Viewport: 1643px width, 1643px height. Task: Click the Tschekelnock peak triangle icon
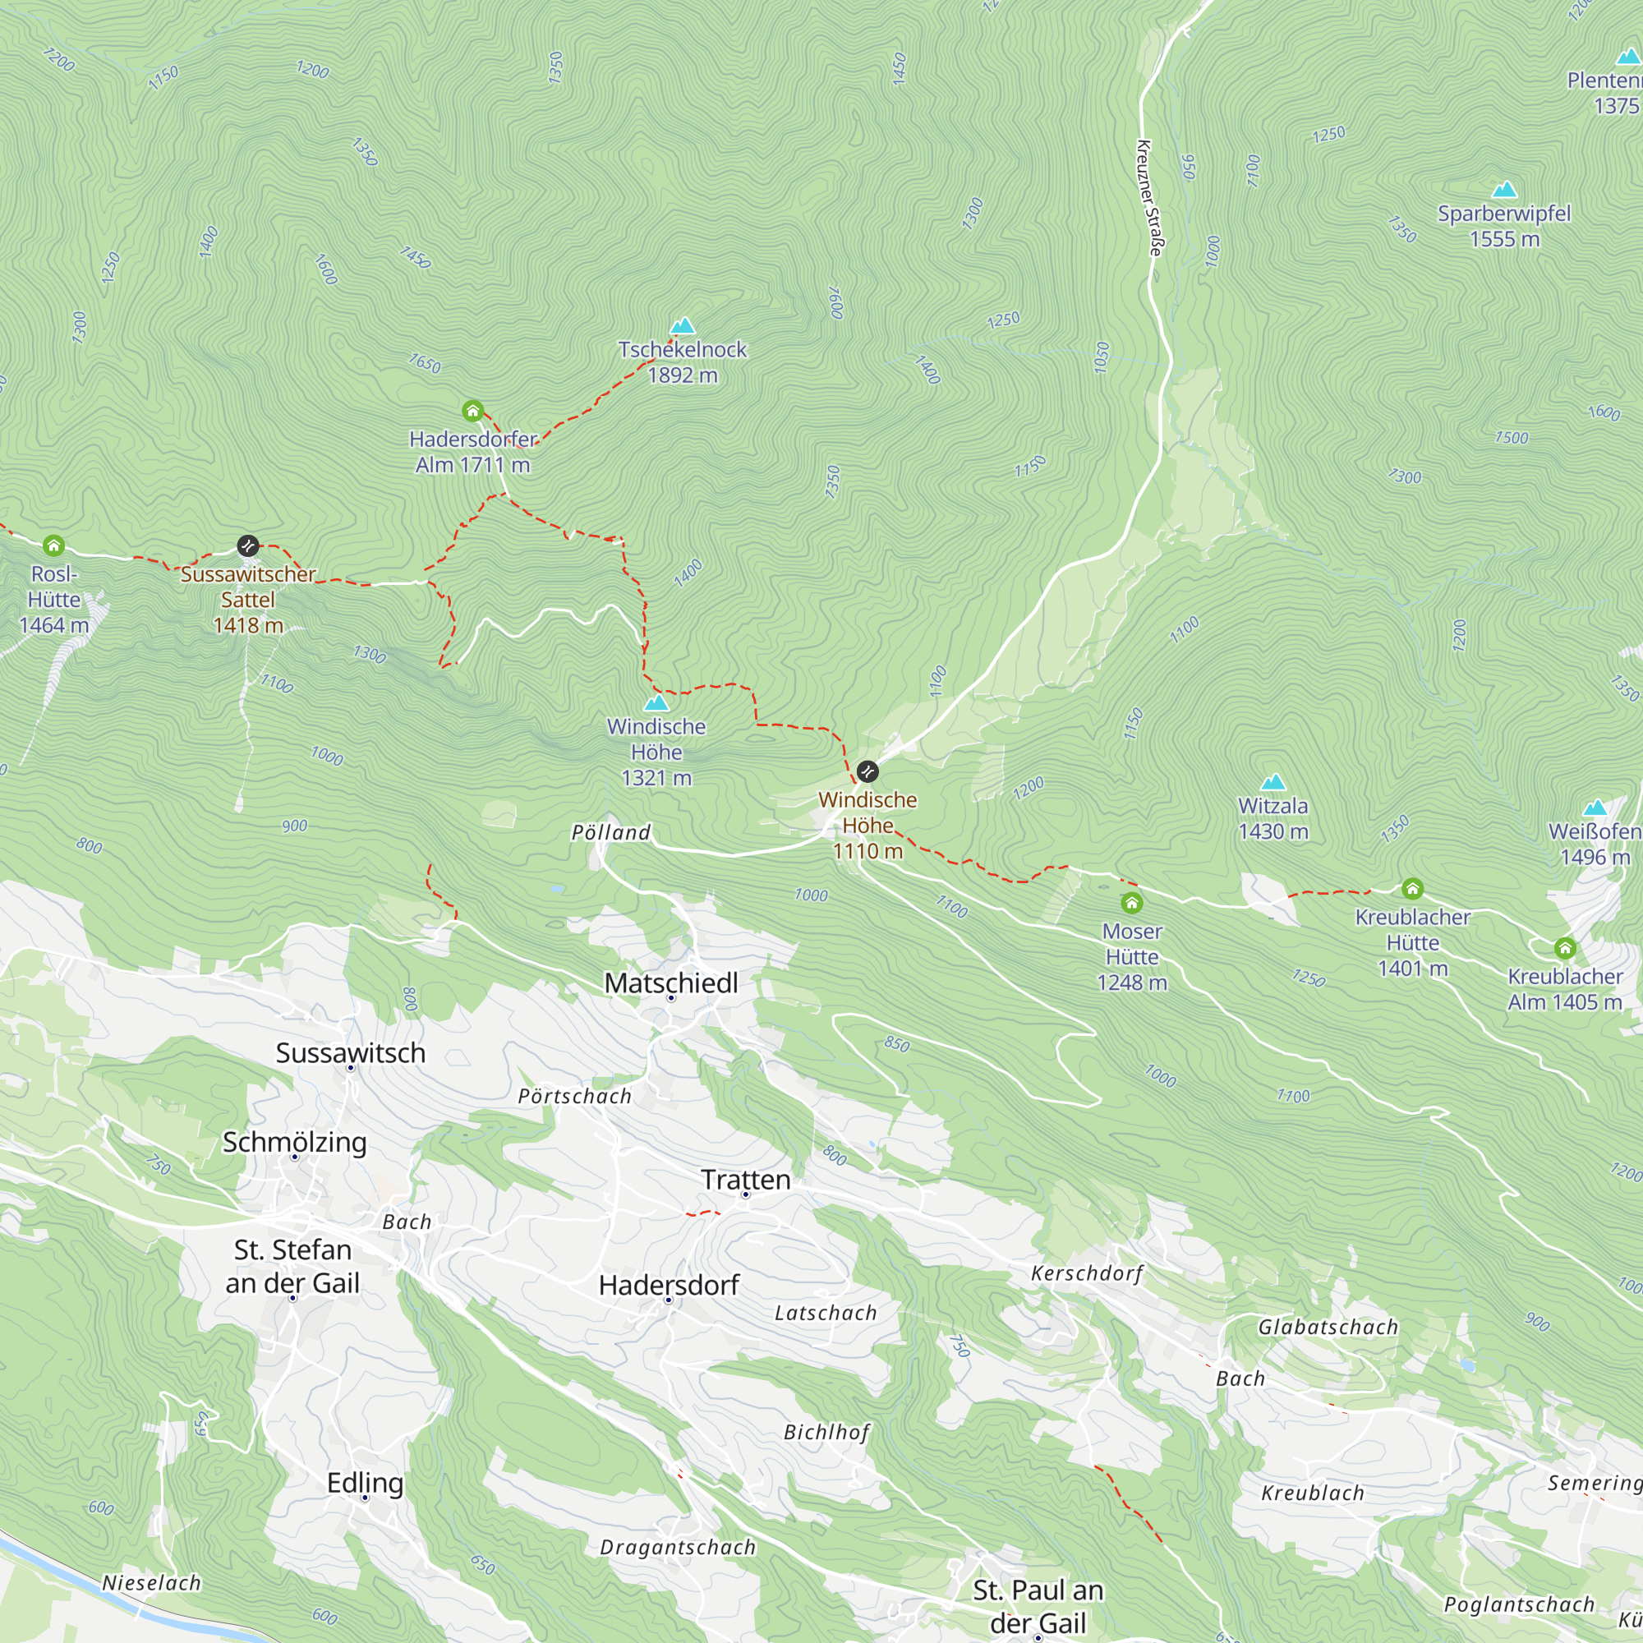coord(682,325)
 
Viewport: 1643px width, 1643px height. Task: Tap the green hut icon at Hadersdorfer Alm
coord(473,412)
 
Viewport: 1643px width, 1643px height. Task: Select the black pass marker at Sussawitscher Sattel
coord(247,545)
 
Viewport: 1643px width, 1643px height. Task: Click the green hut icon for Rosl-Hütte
coord(53,545)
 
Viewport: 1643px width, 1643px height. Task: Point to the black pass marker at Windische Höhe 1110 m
coord(868,771)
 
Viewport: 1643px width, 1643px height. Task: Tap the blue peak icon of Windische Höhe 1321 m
coord(656,703)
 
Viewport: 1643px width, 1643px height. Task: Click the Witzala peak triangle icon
coord(1273,782)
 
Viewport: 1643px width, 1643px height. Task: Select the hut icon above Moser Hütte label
coord(1131,902)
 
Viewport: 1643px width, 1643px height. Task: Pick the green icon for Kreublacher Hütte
coord(1412,889)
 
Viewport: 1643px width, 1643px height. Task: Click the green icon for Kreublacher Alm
coord(1566,948)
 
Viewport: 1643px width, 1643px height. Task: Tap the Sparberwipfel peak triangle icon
coord(1504,190)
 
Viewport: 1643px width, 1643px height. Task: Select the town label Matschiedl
coord(671,983)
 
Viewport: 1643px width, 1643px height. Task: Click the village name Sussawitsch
coord(351,1053)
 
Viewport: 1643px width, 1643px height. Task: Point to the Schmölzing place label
coord(294,1142)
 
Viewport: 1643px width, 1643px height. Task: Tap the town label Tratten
coord(746,1180)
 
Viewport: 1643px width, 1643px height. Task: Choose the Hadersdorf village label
coord(670,1285)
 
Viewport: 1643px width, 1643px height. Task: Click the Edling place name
coord(365,1482)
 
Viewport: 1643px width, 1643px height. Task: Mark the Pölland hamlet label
coord(610,832)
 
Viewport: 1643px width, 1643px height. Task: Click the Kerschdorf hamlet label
coord(1087,1273)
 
